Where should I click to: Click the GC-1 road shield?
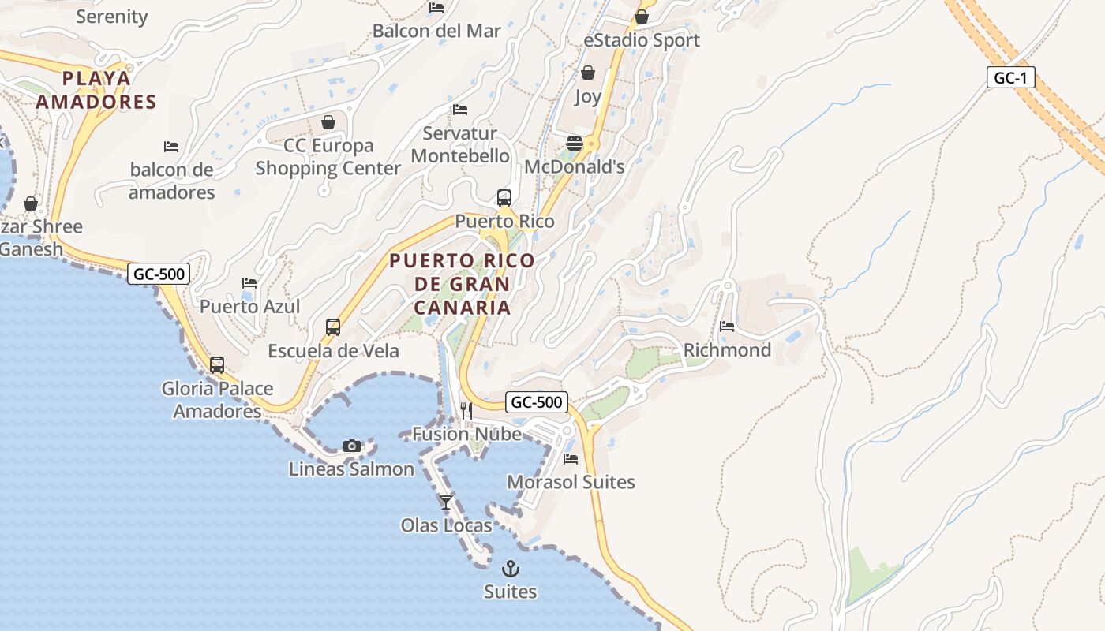click(1010, 77)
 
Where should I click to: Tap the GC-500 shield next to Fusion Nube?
click(537, 402)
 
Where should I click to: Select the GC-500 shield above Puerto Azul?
click(159, 274)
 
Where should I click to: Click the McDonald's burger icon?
click(575, 144)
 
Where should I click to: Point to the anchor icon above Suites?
click(511, 568)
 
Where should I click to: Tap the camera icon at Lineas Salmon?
click(352, 446)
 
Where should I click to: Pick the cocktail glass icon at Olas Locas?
click(446, 502)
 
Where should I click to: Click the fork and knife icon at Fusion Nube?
click(466, 410)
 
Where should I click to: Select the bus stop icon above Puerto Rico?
click(504, 198)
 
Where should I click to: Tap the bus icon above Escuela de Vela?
click(333, 327)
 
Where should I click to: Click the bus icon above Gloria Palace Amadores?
click(217, 365)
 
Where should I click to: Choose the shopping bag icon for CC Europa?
click(328, 122)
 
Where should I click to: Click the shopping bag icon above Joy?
click(588, 73)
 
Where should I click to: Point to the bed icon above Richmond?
click(727, 326)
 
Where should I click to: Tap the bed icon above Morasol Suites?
click(571, 458)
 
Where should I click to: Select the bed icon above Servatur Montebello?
click(460, 110)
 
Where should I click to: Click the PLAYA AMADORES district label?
click(96, 90)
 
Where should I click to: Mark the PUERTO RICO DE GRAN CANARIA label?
click(463, 284)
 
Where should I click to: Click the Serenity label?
click(112, 17)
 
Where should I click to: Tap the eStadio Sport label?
click(642, 40)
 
